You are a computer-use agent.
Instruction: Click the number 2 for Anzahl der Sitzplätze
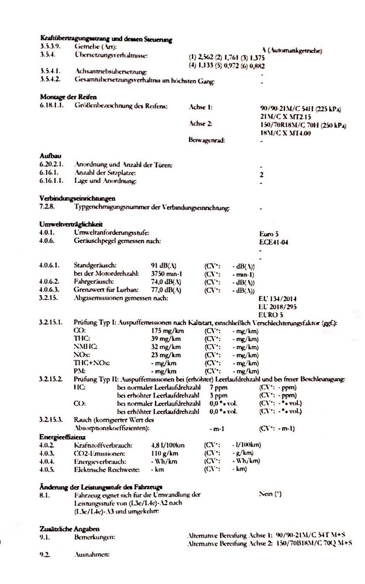coord(262,175)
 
